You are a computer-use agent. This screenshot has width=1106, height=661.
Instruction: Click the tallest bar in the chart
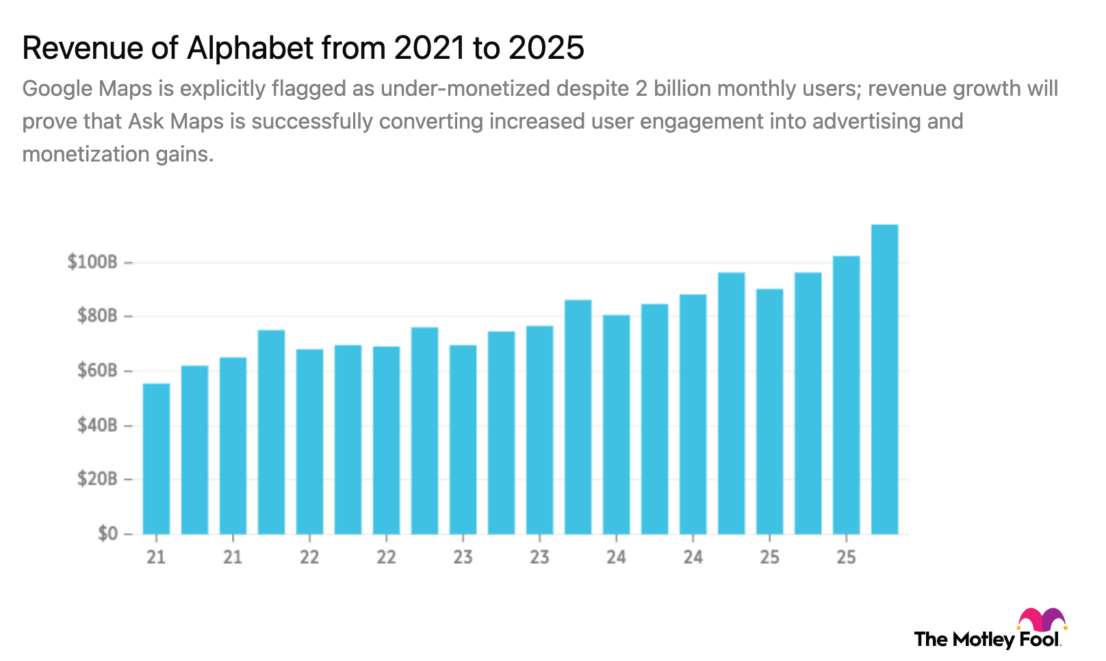pyautogui.click(x=884, y=380)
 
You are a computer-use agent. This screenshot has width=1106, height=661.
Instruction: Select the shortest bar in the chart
pyautogui.click(x=156, y=458)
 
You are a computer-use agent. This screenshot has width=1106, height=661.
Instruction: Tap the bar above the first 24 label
pyautogui.click(x=616, y=424)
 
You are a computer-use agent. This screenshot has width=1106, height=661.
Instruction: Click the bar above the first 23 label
pyautogui.click(x=463, y=439)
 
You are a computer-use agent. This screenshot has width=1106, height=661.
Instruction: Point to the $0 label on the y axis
pyautogui.click(x=107, y=534)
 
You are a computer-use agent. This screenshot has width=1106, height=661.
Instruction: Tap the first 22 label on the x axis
pyautogui.click(x=309, y=557)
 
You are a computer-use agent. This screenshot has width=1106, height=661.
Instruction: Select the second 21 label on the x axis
pyautogui.click(x=233, y=557)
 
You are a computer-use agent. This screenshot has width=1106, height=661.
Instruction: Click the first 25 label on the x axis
pyautogui.click(x=769, y=557)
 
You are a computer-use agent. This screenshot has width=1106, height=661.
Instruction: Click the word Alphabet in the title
pyautogui.click(x=250, y=48)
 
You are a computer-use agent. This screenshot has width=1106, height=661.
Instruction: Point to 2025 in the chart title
pyautogui.click(x=545, y=48)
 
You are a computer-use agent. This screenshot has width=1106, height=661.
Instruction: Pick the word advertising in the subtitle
pyautogui.click(x=866, y=122)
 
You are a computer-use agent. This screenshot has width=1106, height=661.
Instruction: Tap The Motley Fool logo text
pyautogui.click(x=987, y=640)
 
